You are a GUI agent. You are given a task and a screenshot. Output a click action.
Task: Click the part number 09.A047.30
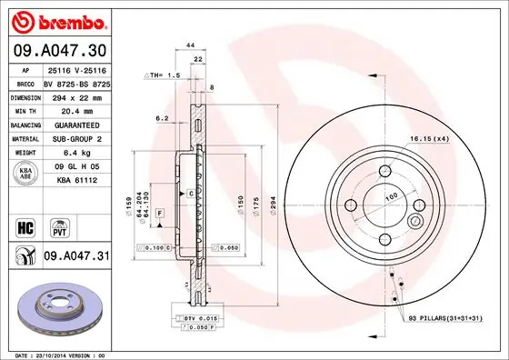(58, 48)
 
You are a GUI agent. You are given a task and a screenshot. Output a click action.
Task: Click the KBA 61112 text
(75, 182)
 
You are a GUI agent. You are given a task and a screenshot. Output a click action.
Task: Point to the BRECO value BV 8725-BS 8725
(75, 82)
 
